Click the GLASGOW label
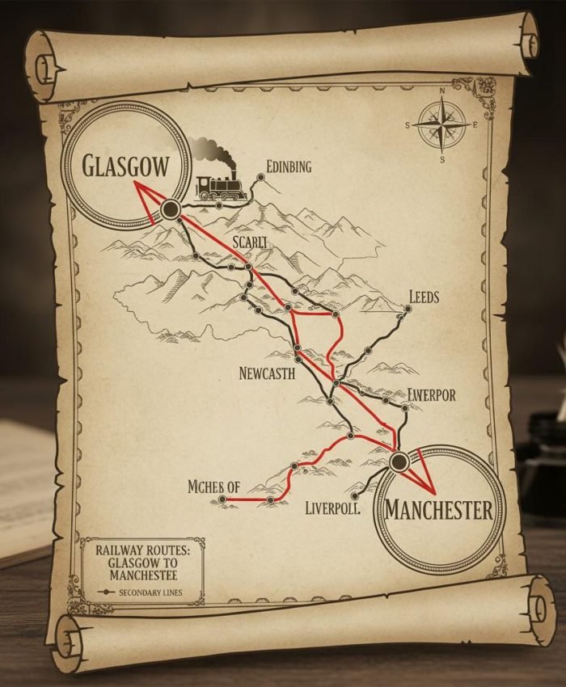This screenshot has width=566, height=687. pos(127,166)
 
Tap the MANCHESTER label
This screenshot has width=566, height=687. pos(438,510)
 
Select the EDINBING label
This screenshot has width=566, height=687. pos(289,166)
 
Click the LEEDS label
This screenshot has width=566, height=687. pos(424,297)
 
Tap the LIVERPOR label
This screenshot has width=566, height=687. pos(431,395)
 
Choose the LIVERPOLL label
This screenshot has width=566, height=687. pos(332,508)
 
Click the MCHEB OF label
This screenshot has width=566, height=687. pos(213,487)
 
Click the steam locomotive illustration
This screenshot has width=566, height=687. pos(222,188)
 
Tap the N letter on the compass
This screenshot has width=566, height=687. pos(442,91)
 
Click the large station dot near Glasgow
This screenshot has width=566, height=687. pos(170,210)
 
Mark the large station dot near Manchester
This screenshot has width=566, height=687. pos(398,462)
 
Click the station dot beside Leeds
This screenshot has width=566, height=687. pos(407,307)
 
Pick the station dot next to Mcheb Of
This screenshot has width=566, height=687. pos(222,500)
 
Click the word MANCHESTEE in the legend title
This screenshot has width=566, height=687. pos(141,575)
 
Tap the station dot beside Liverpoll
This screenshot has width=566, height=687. pos(355,496)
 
